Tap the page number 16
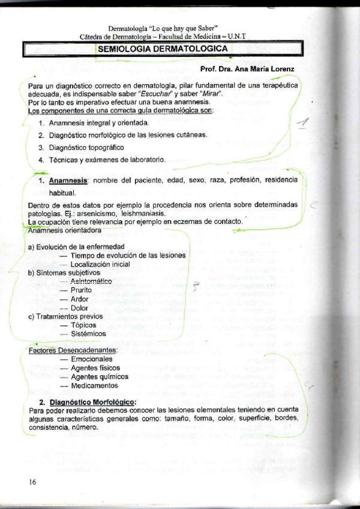pos(32,482)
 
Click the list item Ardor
pos(79,300)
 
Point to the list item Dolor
pos(79,308)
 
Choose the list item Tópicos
pos(83,325)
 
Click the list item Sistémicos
pos(88,334)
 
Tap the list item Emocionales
pos(91,360)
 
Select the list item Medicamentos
pos(94,386)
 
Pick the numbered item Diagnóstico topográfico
pos(86,147)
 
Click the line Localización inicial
pos(100,264)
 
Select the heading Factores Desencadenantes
pos(73,351)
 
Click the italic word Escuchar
pos(155,94)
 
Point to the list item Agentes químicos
pos(99,377)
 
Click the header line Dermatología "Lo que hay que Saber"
pos(163,29)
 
